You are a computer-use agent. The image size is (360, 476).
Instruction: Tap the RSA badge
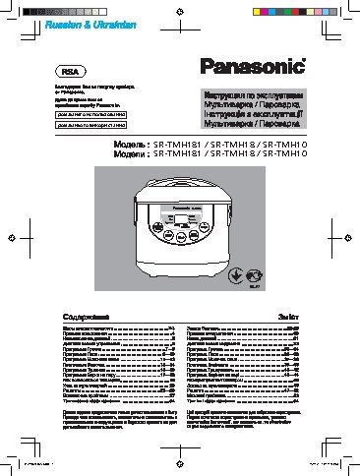(68, 71)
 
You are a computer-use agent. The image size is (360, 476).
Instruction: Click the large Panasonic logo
(253, 67)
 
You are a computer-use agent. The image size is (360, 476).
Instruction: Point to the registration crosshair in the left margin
(9, 237)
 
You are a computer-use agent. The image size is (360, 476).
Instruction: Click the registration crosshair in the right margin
(351, 237)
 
